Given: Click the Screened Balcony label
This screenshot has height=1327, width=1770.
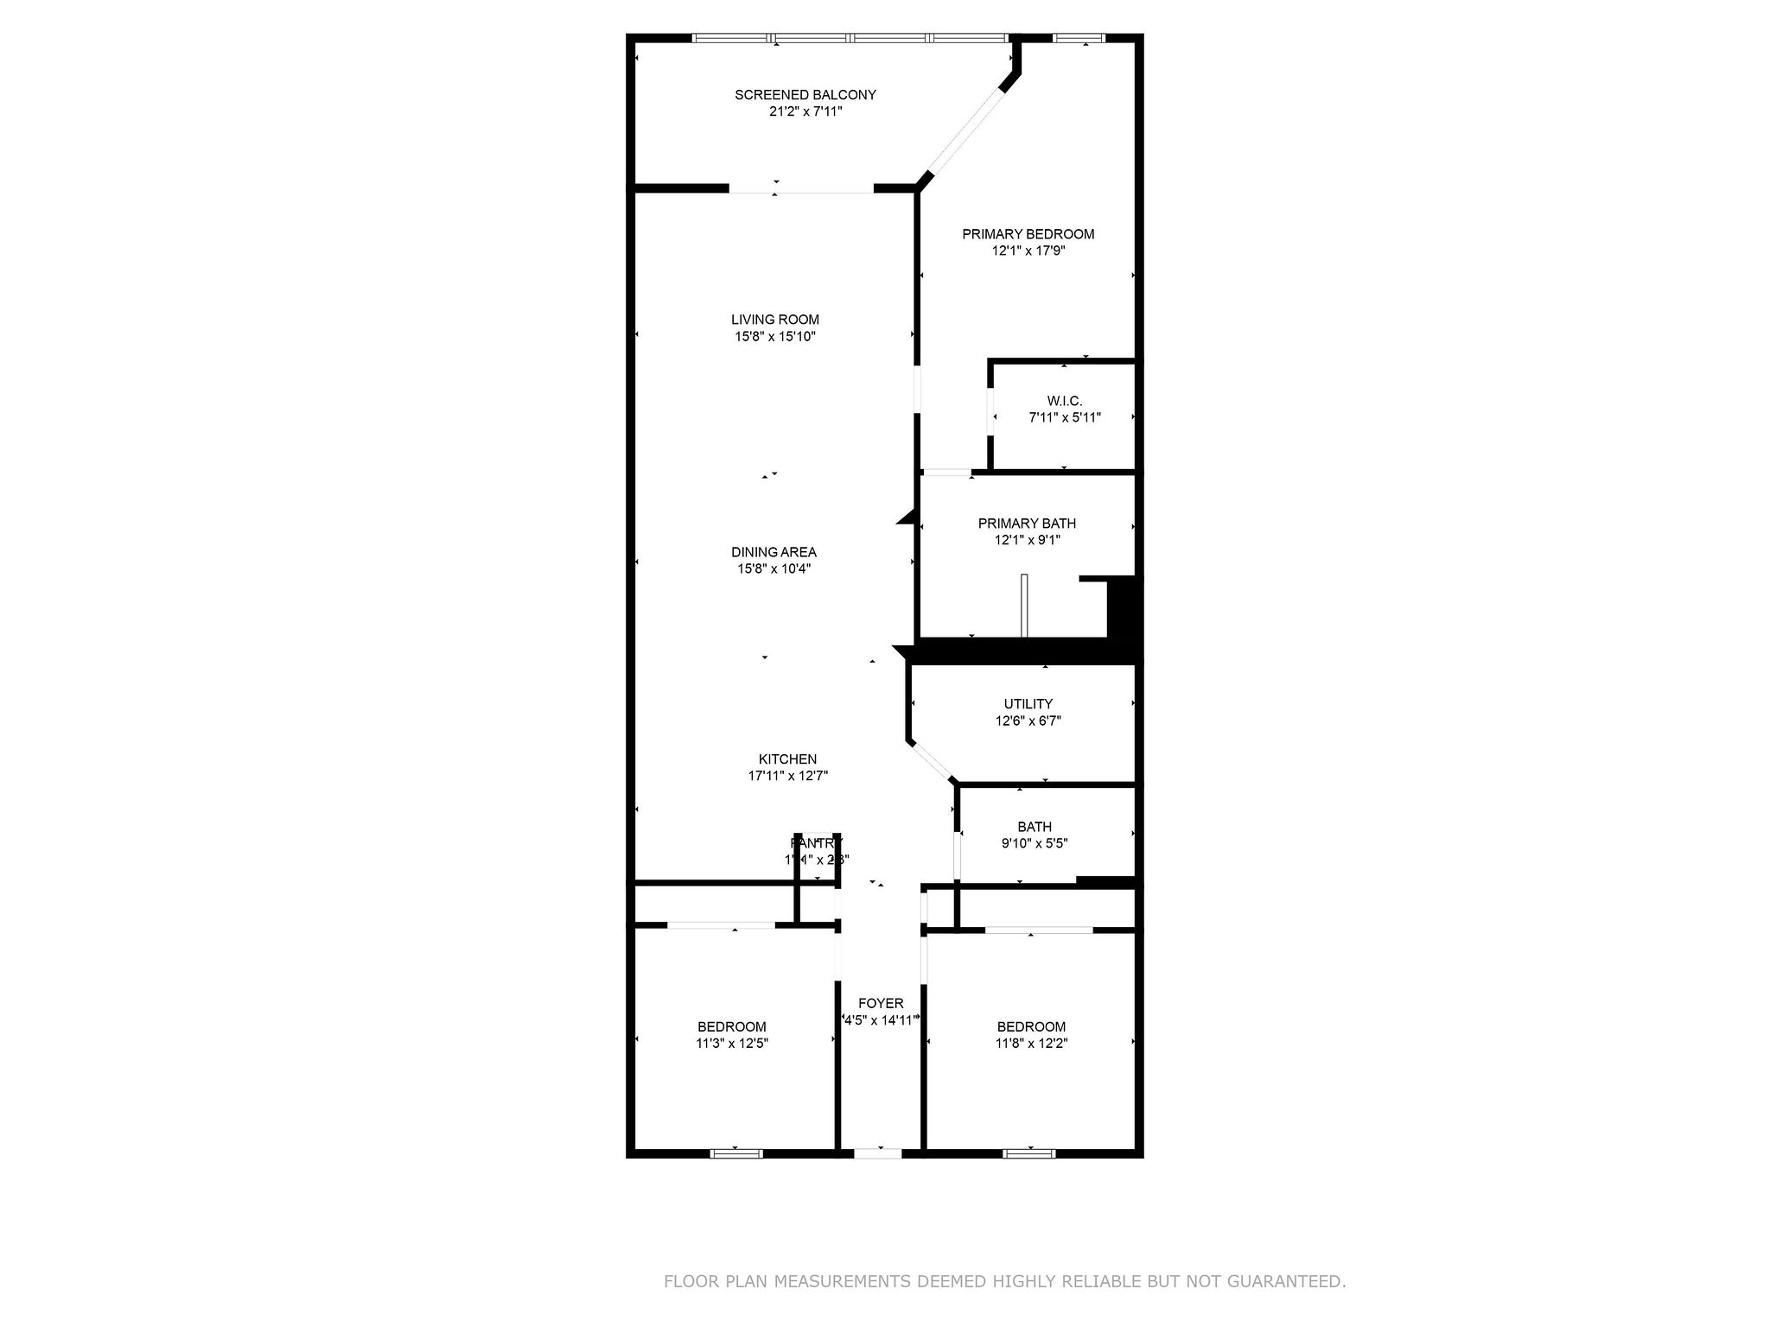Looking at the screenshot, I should tap(805, 95).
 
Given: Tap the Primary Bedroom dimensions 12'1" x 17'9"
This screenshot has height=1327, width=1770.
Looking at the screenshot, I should tap(1028, 251).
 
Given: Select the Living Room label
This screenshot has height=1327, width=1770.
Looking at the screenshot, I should tap(774, 320).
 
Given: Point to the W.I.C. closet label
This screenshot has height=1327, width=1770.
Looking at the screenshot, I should tap(1064, 401).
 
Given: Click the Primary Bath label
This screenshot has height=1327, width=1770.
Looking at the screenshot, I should tap(1027, 524).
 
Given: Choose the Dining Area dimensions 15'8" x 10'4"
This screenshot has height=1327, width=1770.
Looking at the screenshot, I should tap(774, 568).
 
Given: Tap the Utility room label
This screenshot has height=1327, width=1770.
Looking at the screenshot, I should tap(1028, 704).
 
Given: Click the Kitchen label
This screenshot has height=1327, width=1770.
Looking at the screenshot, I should tap(787, 759).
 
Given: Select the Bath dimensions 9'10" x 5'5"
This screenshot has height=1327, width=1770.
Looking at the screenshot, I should tap(1035, 843).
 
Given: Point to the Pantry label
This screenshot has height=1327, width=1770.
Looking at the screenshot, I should tap(816, 843).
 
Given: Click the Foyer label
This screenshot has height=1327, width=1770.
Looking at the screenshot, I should tap(881, 1003).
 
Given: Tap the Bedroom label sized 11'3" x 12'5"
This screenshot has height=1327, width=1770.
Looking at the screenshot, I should tap(732, 1026).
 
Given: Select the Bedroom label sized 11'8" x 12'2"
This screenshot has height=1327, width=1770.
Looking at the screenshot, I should tap(1031, 1026).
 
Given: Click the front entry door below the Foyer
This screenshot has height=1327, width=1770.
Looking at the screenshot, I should tap(877, 1152).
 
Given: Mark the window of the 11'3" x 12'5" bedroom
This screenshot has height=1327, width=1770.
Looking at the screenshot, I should tap(736, 1152).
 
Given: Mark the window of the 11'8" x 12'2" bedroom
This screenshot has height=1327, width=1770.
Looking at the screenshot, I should tap(1028, 1152).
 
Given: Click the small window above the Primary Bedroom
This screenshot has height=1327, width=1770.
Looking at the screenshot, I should tap(1079, 38).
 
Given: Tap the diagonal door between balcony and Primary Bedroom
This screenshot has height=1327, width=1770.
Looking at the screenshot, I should tap(966, 132).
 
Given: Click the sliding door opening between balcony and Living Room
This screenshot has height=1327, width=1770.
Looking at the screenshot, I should tap(800, 188).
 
